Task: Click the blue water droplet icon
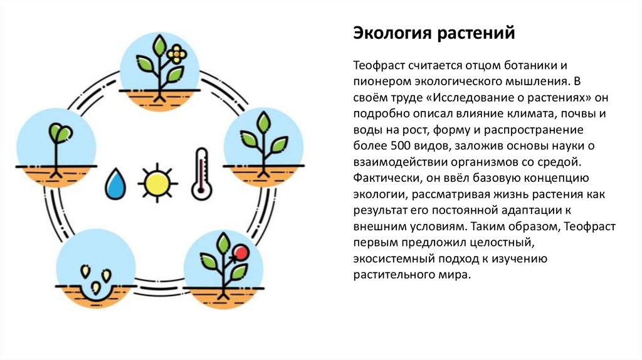click(x=115, y=183)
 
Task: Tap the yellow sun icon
click(x=155, y=183)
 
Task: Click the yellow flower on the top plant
click(x=178, y=53)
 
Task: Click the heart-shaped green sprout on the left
click(x=59, y=132)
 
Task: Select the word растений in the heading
click(x=474, y=32)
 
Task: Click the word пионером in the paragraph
click(x=379, y=82)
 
